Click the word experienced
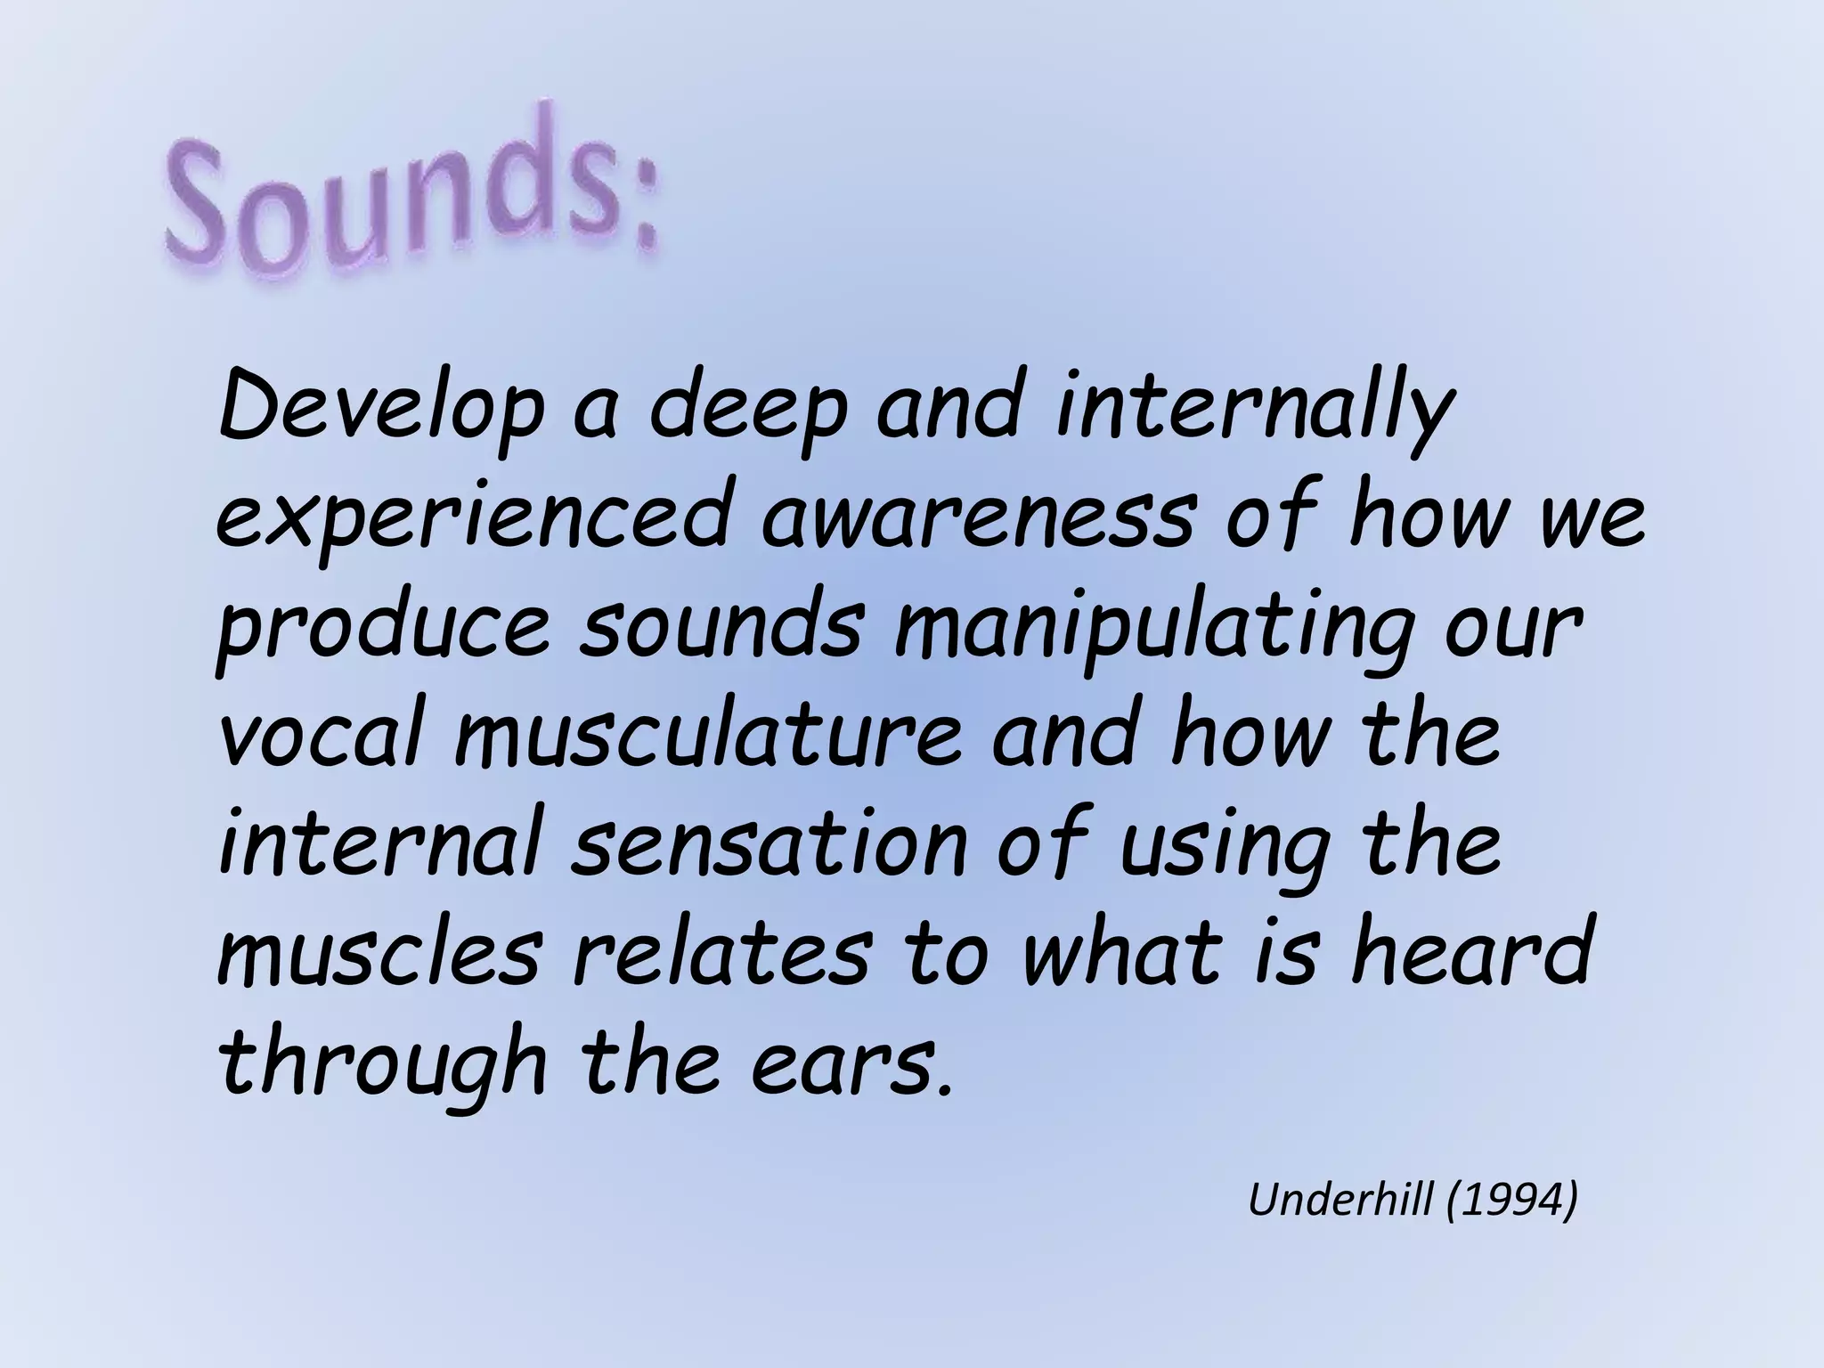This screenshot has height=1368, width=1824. coord(472,520)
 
